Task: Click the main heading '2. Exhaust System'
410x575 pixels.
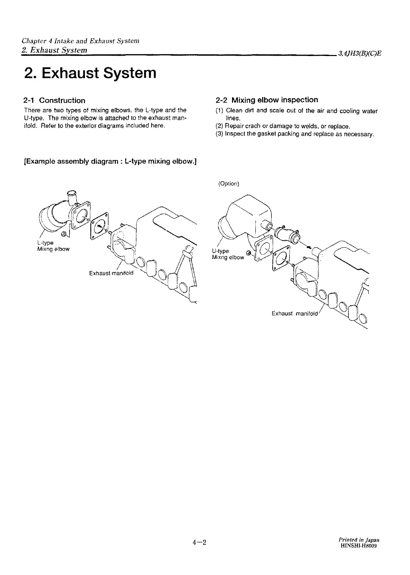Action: tap(90, 73)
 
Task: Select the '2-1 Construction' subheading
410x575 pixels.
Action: tap(54, 100)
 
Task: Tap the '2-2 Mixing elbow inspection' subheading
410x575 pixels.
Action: tap(267, 100)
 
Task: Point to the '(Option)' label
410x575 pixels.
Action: tap(229, 184)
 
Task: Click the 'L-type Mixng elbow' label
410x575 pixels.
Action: tap(53, 246)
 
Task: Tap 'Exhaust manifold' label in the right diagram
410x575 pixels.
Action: tap(295, 313)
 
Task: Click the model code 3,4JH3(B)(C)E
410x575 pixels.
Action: tap(359, 53)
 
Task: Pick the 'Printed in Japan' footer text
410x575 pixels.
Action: tap(359, 540)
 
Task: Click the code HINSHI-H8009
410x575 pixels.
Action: tap(359, 546)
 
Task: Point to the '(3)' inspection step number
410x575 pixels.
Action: tap(219, 134)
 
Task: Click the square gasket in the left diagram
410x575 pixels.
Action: tap(100, 225)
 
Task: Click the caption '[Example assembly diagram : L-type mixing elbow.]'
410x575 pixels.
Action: tap(110, 161)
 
